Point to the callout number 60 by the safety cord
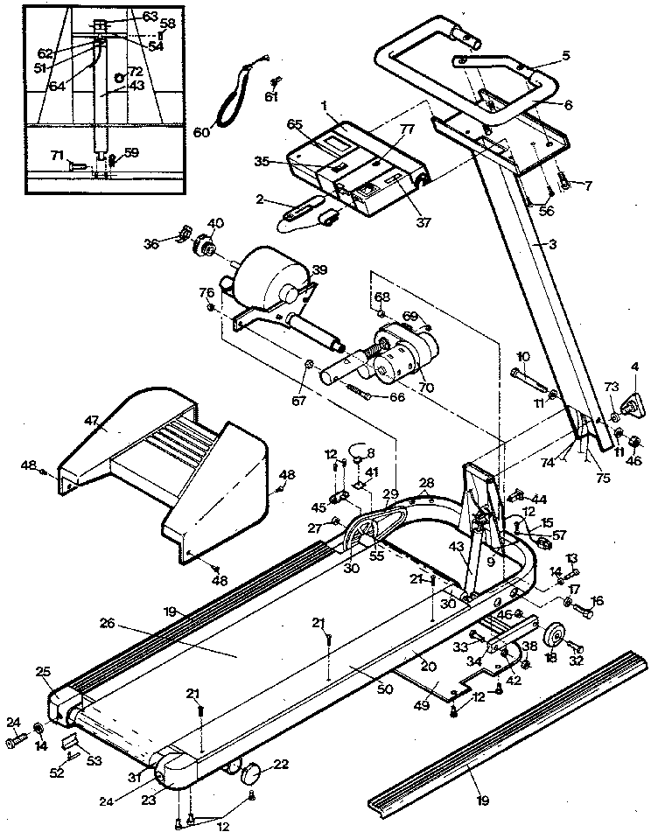(x=201, y=132)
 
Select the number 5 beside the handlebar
(x=565, y=56)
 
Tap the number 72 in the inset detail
(x=135, y=70)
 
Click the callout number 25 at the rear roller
(x=44, y=672)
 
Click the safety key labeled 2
(x=298, y=210)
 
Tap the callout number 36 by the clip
(x=151, y=244)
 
